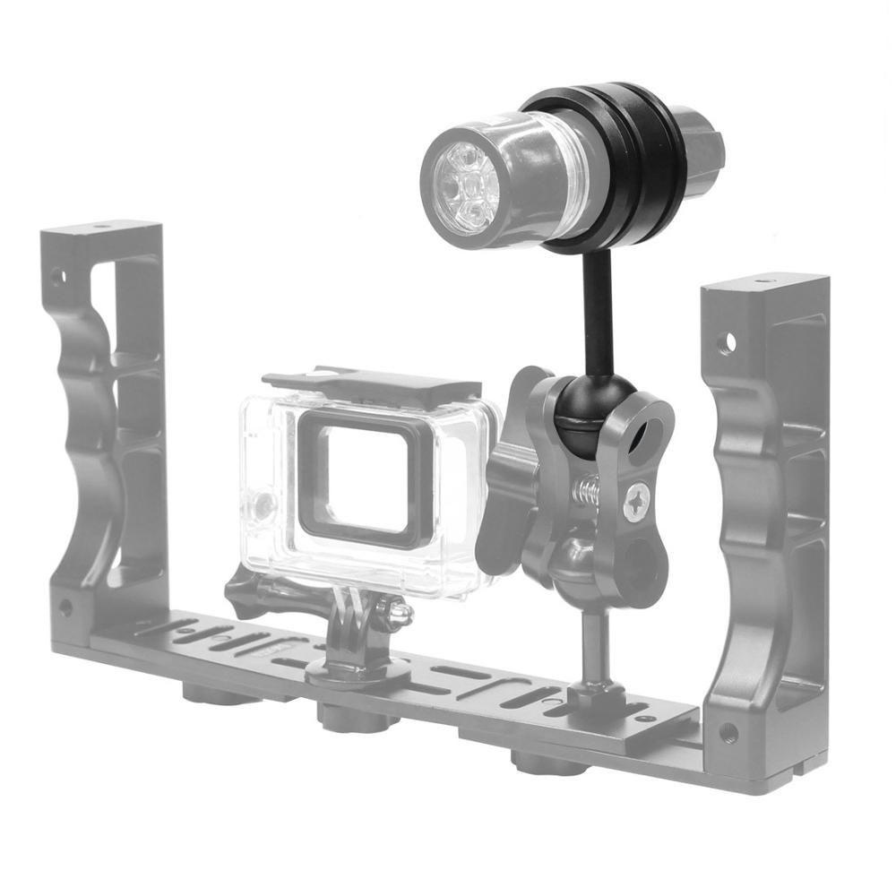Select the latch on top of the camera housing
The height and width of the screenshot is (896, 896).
click(x=376, y=381)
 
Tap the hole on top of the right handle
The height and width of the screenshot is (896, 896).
click(x=762, y=282)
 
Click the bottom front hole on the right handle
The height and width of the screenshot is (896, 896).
click(x=728, y=733)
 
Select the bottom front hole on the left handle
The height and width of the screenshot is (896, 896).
click(x=65, y=607)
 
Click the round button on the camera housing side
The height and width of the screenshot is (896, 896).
click(x=261, y=506)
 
